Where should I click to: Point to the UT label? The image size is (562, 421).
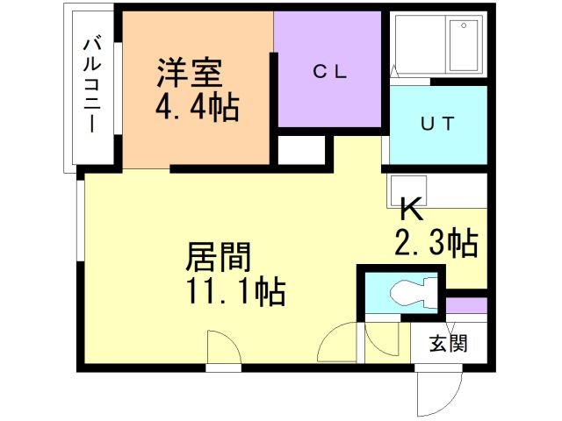pos(436,124)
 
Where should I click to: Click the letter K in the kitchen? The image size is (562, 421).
pos(411,209)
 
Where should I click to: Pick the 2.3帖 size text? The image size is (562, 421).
pos(436,241)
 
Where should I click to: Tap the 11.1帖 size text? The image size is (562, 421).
pos(234,293)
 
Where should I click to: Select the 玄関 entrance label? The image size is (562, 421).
pos(448,343)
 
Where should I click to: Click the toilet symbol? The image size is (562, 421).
pos(412,292)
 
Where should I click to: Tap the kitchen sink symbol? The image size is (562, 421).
pos(407,189)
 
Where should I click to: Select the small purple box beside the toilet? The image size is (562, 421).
pos(465,305)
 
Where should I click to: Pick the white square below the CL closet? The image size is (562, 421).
pos(300,150)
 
